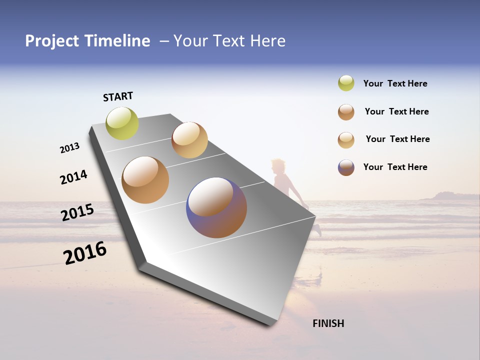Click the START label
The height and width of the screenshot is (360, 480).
click(x=118, y=96)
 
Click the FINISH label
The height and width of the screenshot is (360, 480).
click(x=328, y=323)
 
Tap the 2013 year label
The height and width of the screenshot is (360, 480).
click(x=70, y=148)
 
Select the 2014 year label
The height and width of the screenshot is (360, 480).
click(x=74, y=177)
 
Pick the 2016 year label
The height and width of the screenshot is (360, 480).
click(x=85, y=253)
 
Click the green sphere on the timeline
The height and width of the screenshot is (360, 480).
click(x=122, y=123)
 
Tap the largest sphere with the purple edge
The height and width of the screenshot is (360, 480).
click(x=216, y=207)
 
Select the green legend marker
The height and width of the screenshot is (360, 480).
click(x=346, y=83)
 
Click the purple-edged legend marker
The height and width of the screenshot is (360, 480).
click(x=346, y=167)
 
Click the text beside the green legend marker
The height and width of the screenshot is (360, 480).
click(x=395, y=84)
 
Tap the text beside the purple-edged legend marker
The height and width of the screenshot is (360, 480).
click(x=395, y=167)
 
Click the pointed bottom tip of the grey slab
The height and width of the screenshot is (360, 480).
click(x=272, y=324)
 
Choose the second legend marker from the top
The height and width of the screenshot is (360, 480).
click(x=346, y=112)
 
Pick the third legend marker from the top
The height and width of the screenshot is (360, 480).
click(x=346, y=140)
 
